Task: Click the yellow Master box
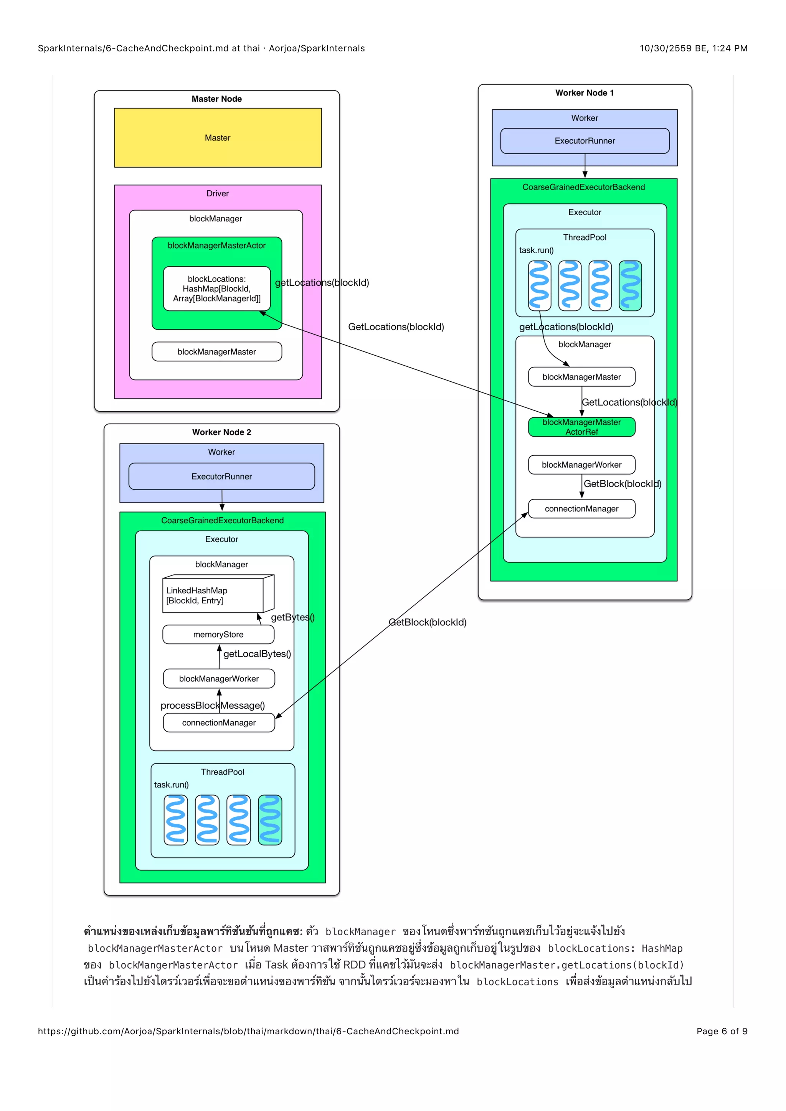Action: click(x=217, y=138)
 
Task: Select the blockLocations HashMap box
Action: click(x=217, y=288)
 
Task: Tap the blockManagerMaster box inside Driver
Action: click(x=217, y=352)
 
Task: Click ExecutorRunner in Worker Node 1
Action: click(x=585, y=141)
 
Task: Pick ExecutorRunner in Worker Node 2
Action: click(x=222, y=476)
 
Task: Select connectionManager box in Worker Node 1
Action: click(x=581, y=509)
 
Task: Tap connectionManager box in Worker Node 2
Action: click(x=219, y=722)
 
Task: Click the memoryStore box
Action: click(x=218, y=635)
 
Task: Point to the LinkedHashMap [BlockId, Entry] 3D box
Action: click(x=213, y=595)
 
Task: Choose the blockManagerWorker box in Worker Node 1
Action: click(x=581, y=465)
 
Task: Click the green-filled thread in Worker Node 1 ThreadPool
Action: click(x=630, y=285)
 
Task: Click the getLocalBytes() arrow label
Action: click(x=257, y=654)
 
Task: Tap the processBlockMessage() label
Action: click(x=213, y=706)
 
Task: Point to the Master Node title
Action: click(x=217, y=99)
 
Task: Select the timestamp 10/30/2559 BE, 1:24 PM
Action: click(x=693, y=48)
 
